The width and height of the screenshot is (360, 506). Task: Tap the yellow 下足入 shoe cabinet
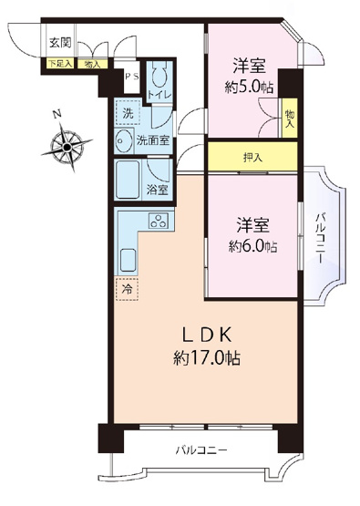coord(59,64)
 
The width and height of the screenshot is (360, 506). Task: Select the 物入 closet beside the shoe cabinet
coord(92,64)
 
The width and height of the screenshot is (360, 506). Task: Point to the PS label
coord(131,77)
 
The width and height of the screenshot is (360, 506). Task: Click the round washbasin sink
coord(125,141)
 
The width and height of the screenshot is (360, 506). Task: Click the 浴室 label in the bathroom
coord(157,190)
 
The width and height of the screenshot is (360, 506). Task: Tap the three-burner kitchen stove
coord(157,222)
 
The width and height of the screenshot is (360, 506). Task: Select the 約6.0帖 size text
coord(252,247)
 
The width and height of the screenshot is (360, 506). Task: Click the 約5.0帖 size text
coord(252,88)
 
